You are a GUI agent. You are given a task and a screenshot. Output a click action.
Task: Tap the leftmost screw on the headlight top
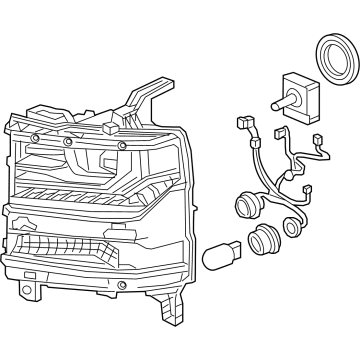(36, 136)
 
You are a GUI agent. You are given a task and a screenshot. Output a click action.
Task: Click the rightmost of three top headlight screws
(122, 146)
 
